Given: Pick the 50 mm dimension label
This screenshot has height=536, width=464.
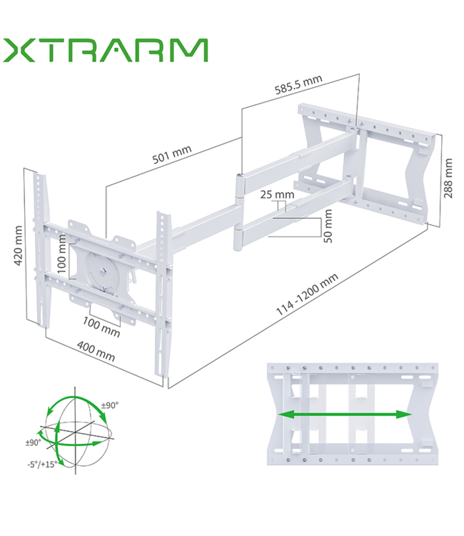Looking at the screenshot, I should pos(328,226).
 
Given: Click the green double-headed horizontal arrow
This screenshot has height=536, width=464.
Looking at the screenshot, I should pos(345,415).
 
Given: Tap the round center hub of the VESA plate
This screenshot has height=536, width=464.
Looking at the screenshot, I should pos(105,270).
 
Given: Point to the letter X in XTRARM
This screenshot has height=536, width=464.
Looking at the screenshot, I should pos(21,51).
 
